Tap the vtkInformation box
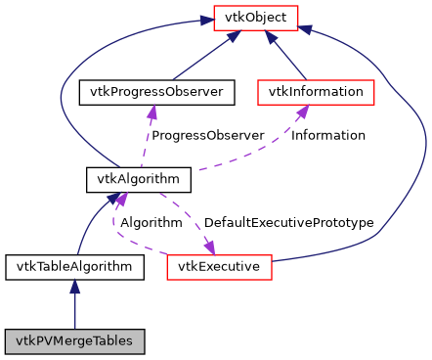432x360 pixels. (x=316, y=92)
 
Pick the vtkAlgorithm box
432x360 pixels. (x=137, y=179)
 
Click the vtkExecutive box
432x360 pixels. (x=218, y=265)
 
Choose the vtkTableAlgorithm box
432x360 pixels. (x=74, y=265)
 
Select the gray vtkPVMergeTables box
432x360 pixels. (x=74, y=341)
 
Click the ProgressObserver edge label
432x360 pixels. (x=208, y=135)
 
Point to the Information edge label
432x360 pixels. (x=329, y=135)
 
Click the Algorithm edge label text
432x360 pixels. (x=151, y=223)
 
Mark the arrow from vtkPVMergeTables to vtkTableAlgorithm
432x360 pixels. (x=74, y=303)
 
